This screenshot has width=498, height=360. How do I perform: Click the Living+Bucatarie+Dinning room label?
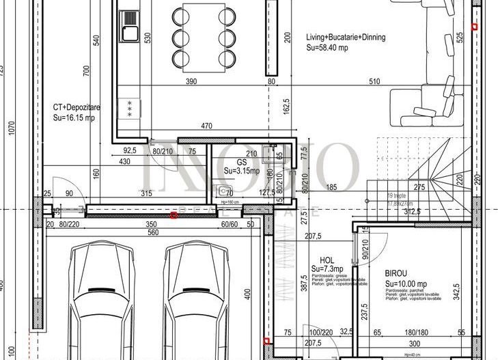tap(346, 38)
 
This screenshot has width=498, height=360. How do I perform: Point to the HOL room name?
tap(327, 260)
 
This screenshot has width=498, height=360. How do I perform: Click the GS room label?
tap(241, 162)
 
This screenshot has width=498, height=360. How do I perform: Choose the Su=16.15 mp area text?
tap(74, 117)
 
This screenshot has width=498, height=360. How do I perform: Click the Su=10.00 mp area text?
tap(406, 283)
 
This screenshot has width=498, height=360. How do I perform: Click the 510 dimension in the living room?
tap(374, 82)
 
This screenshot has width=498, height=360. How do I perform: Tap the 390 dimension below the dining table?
tap(191, 82)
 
